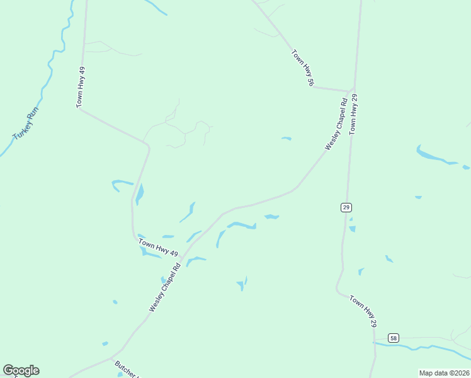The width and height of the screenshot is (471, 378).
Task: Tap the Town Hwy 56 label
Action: pyautogui.click(x=302, y=68)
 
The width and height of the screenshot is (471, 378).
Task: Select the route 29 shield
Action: pyautogui.click(x=346, y=207)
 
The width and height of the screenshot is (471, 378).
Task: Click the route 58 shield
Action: pyautogui.click(x=393, y=338)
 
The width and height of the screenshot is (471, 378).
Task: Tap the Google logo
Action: pyautogui.click(x=21, y=370)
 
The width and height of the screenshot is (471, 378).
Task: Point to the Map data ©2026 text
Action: pyautogui.click(x=444, y=373)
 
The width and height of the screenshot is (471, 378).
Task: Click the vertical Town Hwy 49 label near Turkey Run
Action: pyautogui.click(x=81, y=87)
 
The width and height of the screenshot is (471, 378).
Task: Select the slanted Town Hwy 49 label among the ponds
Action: pyautogui.click(x=158, y=248)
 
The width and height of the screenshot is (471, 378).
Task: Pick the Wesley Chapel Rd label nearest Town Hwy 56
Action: pyautogui.click(x=336, y=123)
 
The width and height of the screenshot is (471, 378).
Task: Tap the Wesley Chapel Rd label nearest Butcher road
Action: pyautogui.click(x=165, y=287)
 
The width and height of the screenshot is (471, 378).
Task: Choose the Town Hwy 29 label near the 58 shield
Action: pyautogui.click(x=363, y=311)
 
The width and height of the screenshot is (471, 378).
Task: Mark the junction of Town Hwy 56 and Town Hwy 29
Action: pyautogui.click(x=354, y=90)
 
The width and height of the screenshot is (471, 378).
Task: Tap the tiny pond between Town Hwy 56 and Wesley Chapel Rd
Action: pyautogui.click(x=287, y=138)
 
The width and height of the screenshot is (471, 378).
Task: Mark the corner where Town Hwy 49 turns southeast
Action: pyautogui.click(x=80, y=109)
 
